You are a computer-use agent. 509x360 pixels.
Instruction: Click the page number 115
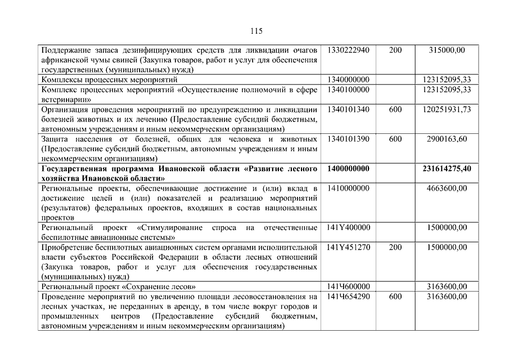[x=254, y=30]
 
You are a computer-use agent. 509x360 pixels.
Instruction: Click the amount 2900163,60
[x=447, y=139]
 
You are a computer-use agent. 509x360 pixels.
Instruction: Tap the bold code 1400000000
[x=348, y=168]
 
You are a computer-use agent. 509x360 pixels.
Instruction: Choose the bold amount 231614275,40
[x=447, y=168]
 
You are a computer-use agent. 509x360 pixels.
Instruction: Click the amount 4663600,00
[x=447, y=188]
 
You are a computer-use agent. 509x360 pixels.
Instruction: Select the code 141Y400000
[x=348, y=227]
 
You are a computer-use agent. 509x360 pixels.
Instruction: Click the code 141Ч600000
[x=348, y=286]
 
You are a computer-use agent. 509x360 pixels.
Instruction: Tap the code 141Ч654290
[x=348, y=296]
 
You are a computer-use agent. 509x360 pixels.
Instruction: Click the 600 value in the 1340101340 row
[x=395, y=109]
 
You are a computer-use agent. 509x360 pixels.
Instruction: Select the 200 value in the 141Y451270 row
[x=395, y=247]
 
